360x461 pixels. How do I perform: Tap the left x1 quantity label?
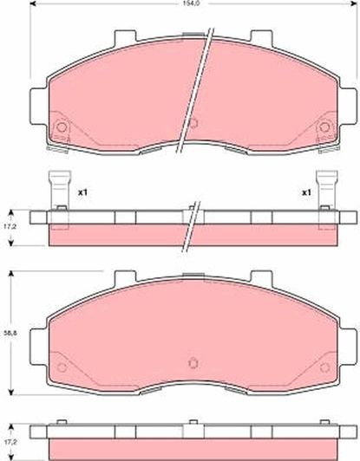(x=83, y=192)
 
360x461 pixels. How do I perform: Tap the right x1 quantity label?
(x=305, y=192)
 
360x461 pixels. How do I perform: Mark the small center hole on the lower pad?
(x=193, y=363)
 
